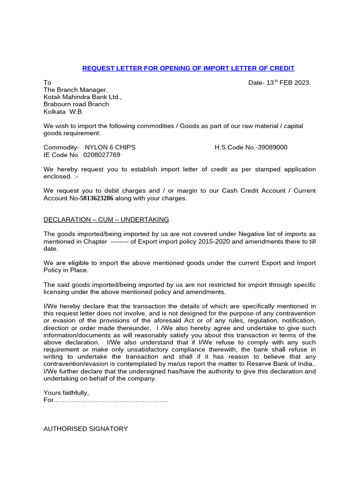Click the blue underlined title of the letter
188,68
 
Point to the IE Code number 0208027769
102,155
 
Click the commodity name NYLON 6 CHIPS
110,147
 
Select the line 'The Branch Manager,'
75,90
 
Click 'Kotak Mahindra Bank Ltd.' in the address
82,97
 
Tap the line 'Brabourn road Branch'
76,104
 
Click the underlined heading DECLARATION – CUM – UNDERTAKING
106,220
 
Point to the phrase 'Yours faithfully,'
66,392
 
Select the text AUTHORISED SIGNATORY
85,428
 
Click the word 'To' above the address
47,82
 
